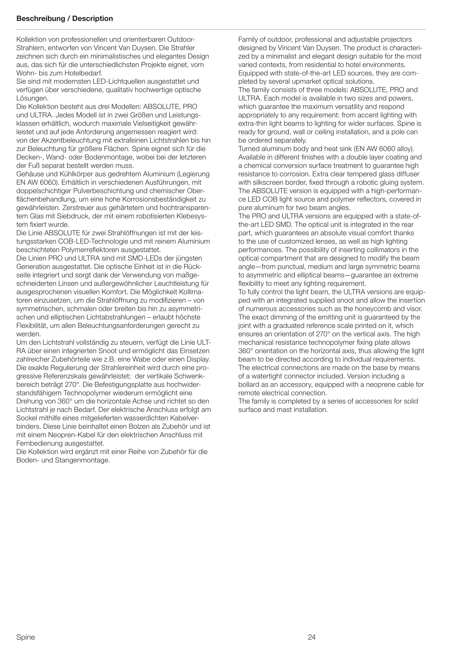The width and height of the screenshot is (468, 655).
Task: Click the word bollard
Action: pyautogui.click(x=248, y=385)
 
